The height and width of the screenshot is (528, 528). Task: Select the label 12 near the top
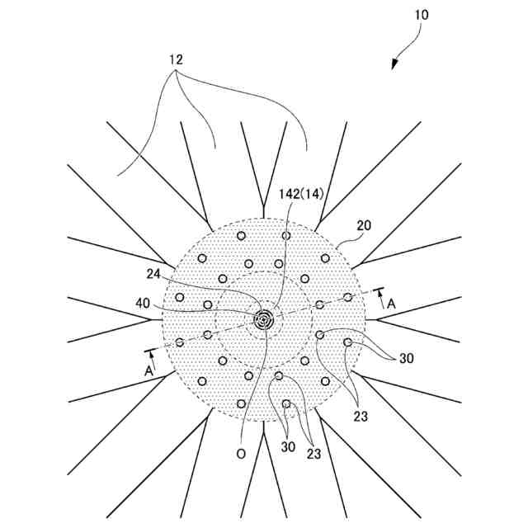pyautogui.click(x=177, y=59)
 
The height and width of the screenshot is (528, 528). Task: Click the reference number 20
pyautogui.click(x=364, y=225)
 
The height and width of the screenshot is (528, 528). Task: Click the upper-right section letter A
pyautogui.click(x=391, y=304)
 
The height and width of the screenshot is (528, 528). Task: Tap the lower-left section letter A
pyautogui.click(x=148, y=371)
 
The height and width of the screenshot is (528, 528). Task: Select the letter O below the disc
pyautogui.click(x=241, y=453)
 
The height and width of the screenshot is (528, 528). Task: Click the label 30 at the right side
pyautogui.click(x=406, y=358)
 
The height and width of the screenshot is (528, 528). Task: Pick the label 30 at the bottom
pyautogui.click(x=287, y=447)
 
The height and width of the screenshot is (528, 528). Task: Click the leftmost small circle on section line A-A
pyautogui.click(x=180, y=342)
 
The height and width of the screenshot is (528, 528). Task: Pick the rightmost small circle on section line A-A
pyautogui.click(x=347, y=297)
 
